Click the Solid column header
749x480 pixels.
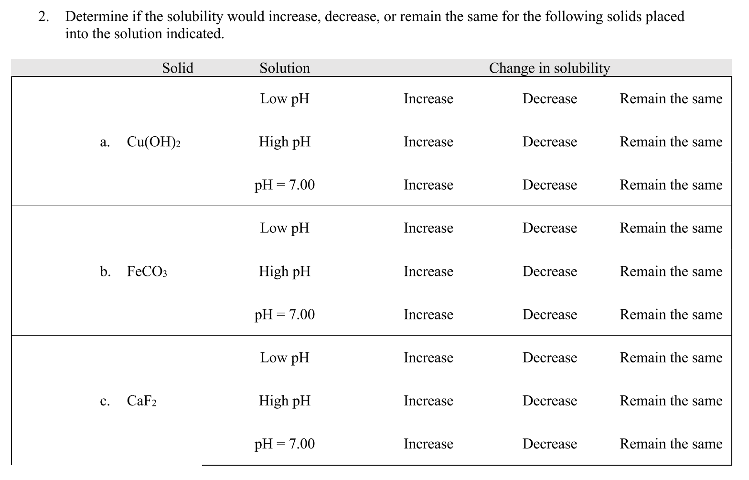(x=178, y=68)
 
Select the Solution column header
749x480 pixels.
(x=285, y=68)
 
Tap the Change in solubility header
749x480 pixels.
(x=549, y=68)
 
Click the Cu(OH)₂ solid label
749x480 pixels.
(x=153, y=142)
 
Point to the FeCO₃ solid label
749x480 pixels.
(x=147, y=272)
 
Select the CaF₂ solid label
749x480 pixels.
(x=141, y=401)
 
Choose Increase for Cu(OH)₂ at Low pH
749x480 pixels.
(x=428, y=98)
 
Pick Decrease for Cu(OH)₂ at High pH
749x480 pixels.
(x=549, y=142)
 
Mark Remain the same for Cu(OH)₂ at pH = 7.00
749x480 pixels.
(x=671, y=185)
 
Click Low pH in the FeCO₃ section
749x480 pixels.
(x=285, y=228)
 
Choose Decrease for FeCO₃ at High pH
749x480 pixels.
(x=549, y=271)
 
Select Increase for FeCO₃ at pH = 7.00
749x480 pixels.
(x=428, y=314)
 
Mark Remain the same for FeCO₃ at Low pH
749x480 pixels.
(x=671, y=228)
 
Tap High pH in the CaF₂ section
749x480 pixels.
(x=285, y=401)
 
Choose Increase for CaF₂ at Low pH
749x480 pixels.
(x=428, y=358)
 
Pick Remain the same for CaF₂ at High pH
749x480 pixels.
(x=671, y=401)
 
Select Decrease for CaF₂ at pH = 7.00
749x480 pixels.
(x=549, y=444)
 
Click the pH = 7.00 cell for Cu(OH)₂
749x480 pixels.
(x=285, y=185)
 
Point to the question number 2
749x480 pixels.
(x=43, y=17)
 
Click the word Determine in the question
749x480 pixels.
(x=96, y=17)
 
